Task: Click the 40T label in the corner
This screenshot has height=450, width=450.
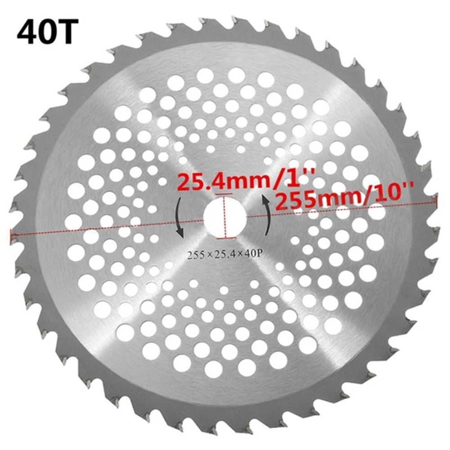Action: point(45,31)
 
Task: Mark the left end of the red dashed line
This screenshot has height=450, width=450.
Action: point(12,233)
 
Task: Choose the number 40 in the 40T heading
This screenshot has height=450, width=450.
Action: point(35,31)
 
